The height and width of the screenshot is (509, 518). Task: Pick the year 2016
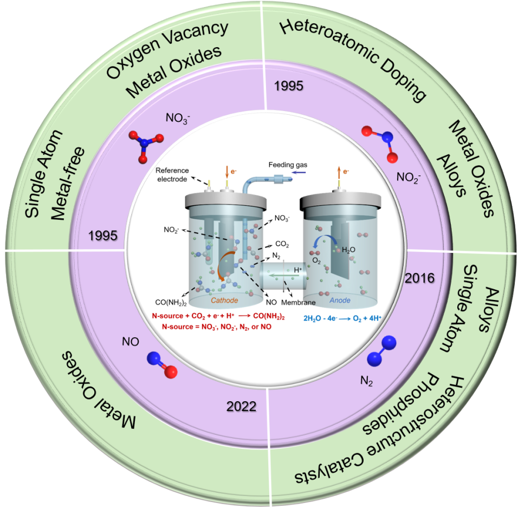coord(420,278)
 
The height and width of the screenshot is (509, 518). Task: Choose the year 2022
coord(241,406)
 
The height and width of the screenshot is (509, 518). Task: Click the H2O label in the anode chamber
coord(348,250)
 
